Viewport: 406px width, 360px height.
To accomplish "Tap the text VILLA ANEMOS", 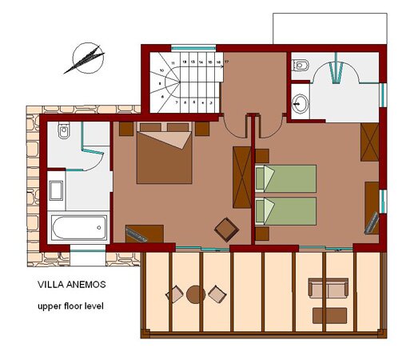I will (x=71, y=283).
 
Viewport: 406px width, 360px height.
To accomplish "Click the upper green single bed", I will (x=286, y=178).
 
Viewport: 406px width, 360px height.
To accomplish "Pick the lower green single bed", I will (x=286, y=210).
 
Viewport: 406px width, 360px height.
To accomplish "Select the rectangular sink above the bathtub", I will (x=58, y=190).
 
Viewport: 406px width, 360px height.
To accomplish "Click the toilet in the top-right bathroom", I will (x=301, y=64).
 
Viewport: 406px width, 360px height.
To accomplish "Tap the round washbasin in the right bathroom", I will (x=299, y=102).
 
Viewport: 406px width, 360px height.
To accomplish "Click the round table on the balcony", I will (x=195, y=294).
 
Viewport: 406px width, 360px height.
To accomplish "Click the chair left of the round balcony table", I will (x=174, y=295).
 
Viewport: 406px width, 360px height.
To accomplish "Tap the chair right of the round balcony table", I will (x=216, y=295).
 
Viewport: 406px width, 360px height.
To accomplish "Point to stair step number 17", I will (x=226, y=62).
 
